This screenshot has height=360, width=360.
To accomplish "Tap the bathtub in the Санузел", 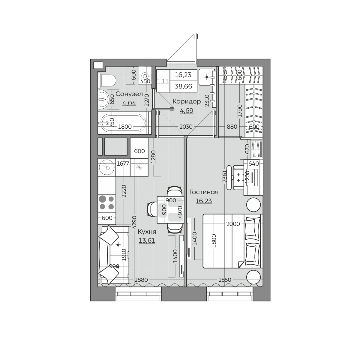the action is point(124,123).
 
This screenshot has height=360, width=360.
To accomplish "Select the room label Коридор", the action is point(186,101).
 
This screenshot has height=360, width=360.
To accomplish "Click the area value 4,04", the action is point(129,103).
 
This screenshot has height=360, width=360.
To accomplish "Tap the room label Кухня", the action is point(147,232).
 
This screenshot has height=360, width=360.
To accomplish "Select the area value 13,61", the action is point(147,240).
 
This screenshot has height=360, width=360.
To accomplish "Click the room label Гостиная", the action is point(204,192).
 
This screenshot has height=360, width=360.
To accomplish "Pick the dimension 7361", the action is point(225,177).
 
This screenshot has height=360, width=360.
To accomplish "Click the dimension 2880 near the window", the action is point(141,280).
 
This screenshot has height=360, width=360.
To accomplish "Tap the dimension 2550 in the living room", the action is point(225,280).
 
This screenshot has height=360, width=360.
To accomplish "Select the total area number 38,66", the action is point(183,86).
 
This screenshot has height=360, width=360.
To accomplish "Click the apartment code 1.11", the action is point(163,82).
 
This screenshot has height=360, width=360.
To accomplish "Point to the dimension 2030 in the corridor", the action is point(186,127).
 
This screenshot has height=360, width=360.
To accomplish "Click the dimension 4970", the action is point(180,212).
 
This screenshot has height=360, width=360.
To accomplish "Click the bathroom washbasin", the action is point(103,99).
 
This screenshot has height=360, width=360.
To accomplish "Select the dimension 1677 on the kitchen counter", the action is point(123,164).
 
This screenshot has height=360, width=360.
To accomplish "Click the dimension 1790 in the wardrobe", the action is point(240,111).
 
